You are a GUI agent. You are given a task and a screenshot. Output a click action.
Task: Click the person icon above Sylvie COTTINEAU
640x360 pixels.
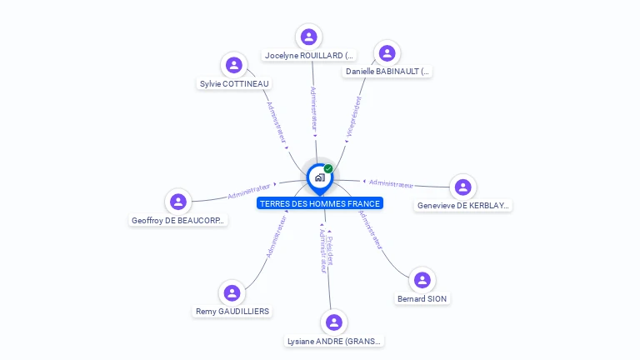click(x=234, y=65)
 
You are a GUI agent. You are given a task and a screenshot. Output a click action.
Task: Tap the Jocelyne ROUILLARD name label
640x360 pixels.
click(x=309, y=56)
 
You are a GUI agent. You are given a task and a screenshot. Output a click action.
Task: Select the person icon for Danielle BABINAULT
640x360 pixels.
click(x=387, y=53)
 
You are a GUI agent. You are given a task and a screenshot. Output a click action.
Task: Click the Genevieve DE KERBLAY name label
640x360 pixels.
click(x=463, y=206)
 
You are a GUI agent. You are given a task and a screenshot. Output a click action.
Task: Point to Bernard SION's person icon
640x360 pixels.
click(x=422, y=280)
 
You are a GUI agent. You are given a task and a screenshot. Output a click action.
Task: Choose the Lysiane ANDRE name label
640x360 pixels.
click(x=334, y=342)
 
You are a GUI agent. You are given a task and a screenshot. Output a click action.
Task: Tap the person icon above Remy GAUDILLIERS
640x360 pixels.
click(x=232, y=292)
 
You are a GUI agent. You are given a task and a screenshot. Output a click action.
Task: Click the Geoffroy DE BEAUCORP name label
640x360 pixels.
click(x=179, y=221)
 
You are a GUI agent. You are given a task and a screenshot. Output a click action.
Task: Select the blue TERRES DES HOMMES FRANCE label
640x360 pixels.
click(x=319, y=203)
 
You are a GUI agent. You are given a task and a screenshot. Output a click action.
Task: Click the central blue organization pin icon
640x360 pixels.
click(x=319, y=177)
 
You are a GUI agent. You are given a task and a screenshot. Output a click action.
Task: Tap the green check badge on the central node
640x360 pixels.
click(x=328, y=169)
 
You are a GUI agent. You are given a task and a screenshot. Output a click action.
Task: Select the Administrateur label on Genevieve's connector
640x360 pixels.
click(x=391, y=183)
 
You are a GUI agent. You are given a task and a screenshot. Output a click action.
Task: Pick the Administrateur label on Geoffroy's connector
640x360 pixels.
click(x=249, y=192)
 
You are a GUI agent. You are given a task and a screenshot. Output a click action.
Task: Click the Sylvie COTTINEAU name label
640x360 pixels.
click(x=235, y=84)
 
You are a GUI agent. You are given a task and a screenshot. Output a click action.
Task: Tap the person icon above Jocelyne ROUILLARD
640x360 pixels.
click(x=309, y=37)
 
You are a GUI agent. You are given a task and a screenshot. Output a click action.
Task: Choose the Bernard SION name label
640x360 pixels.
click(x=422, y=299)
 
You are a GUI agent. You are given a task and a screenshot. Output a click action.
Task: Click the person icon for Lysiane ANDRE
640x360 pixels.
click(x=334, y=322)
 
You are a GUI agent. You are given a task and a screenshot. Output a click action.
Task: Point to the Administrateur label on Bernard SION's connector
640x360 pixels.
click(x=370, y=230)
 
